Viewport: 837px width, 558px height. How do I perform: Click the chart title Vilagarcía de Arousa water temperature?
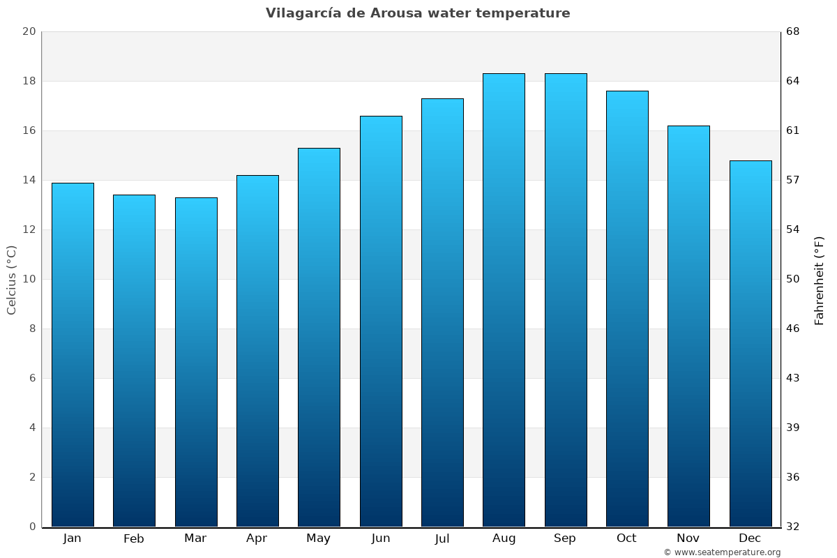418,13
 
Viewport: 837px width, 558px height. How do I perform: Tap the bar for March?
196,362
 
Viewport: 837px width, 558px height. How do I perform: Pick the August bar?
504,300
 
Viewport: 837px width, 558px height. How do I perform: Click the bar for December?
751,343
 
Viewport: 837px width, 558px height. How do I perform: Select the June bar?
381,321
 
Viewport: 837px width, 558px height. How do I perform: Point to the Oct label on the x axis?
626,538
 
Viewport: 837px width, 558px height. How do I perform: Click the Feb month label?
134,538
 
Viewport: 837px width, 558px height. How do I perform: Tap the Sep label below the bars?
565,538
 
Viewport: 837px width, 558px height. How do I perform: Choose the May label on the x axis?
319,538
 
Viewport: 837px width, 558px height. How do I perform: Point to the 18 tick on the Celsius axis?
29,81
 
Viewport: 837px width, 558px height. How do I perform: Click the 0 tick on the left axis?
32,527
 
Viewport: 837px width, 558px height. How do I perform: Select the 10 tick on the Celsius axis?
29,279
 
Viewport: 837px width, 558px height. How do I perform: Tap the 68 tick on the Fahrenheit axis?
794,31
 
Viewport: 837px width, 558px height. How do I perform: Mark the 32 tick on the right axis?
794,527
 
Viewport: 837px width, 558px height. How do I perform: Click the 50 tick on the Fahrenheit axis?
794,279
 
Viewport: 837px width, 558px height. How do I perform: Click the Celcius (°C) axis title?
11,279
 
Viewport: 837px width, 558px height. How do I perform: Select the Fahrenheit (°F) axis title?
819,280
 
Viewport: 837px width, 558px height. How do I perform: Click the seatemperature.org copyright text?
722,552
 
